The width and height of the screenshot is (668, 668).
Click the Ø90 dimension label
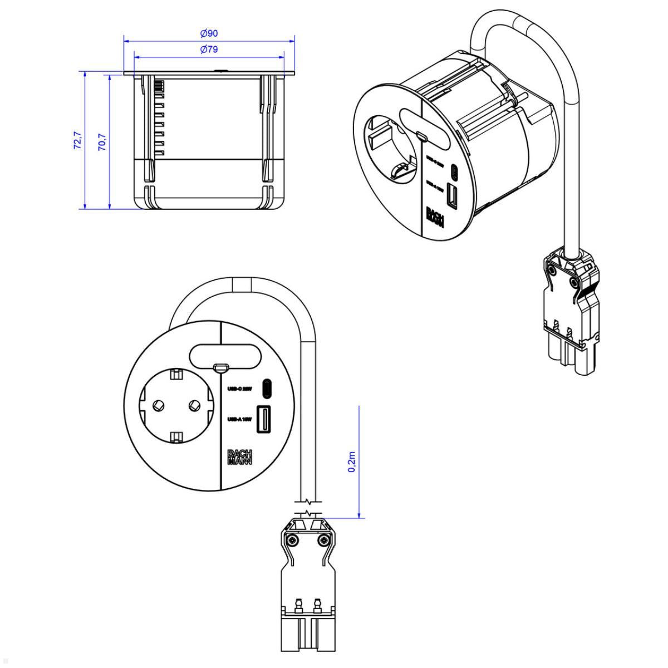coord(209,33)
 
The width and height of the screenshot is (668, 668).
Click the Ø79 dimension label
coord(209,50)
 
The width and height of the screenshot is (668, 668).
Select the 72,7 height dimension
coord(77,140)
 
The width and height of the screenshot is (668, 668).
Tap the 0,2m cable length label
coord(352,462)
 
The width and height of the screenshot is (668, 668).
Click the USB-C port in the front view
coord(267,389)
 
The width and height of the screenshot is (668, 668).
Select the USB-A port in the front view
coord(263,419)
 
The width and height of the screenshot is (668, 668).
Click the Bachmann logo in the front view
coord(240,456)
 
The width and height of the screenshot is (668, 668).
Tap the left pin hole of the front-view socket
coord(157,405)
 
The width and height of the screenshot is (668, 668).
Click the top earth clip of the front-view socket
coord(176,375)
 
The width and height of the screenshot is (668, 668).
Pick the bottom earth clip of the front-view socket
coord(176,436)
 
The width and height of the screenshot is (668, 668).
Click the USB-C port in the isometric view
coord(455,170)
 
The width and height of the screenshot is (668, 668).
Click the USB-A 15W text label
coord(240,420)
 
